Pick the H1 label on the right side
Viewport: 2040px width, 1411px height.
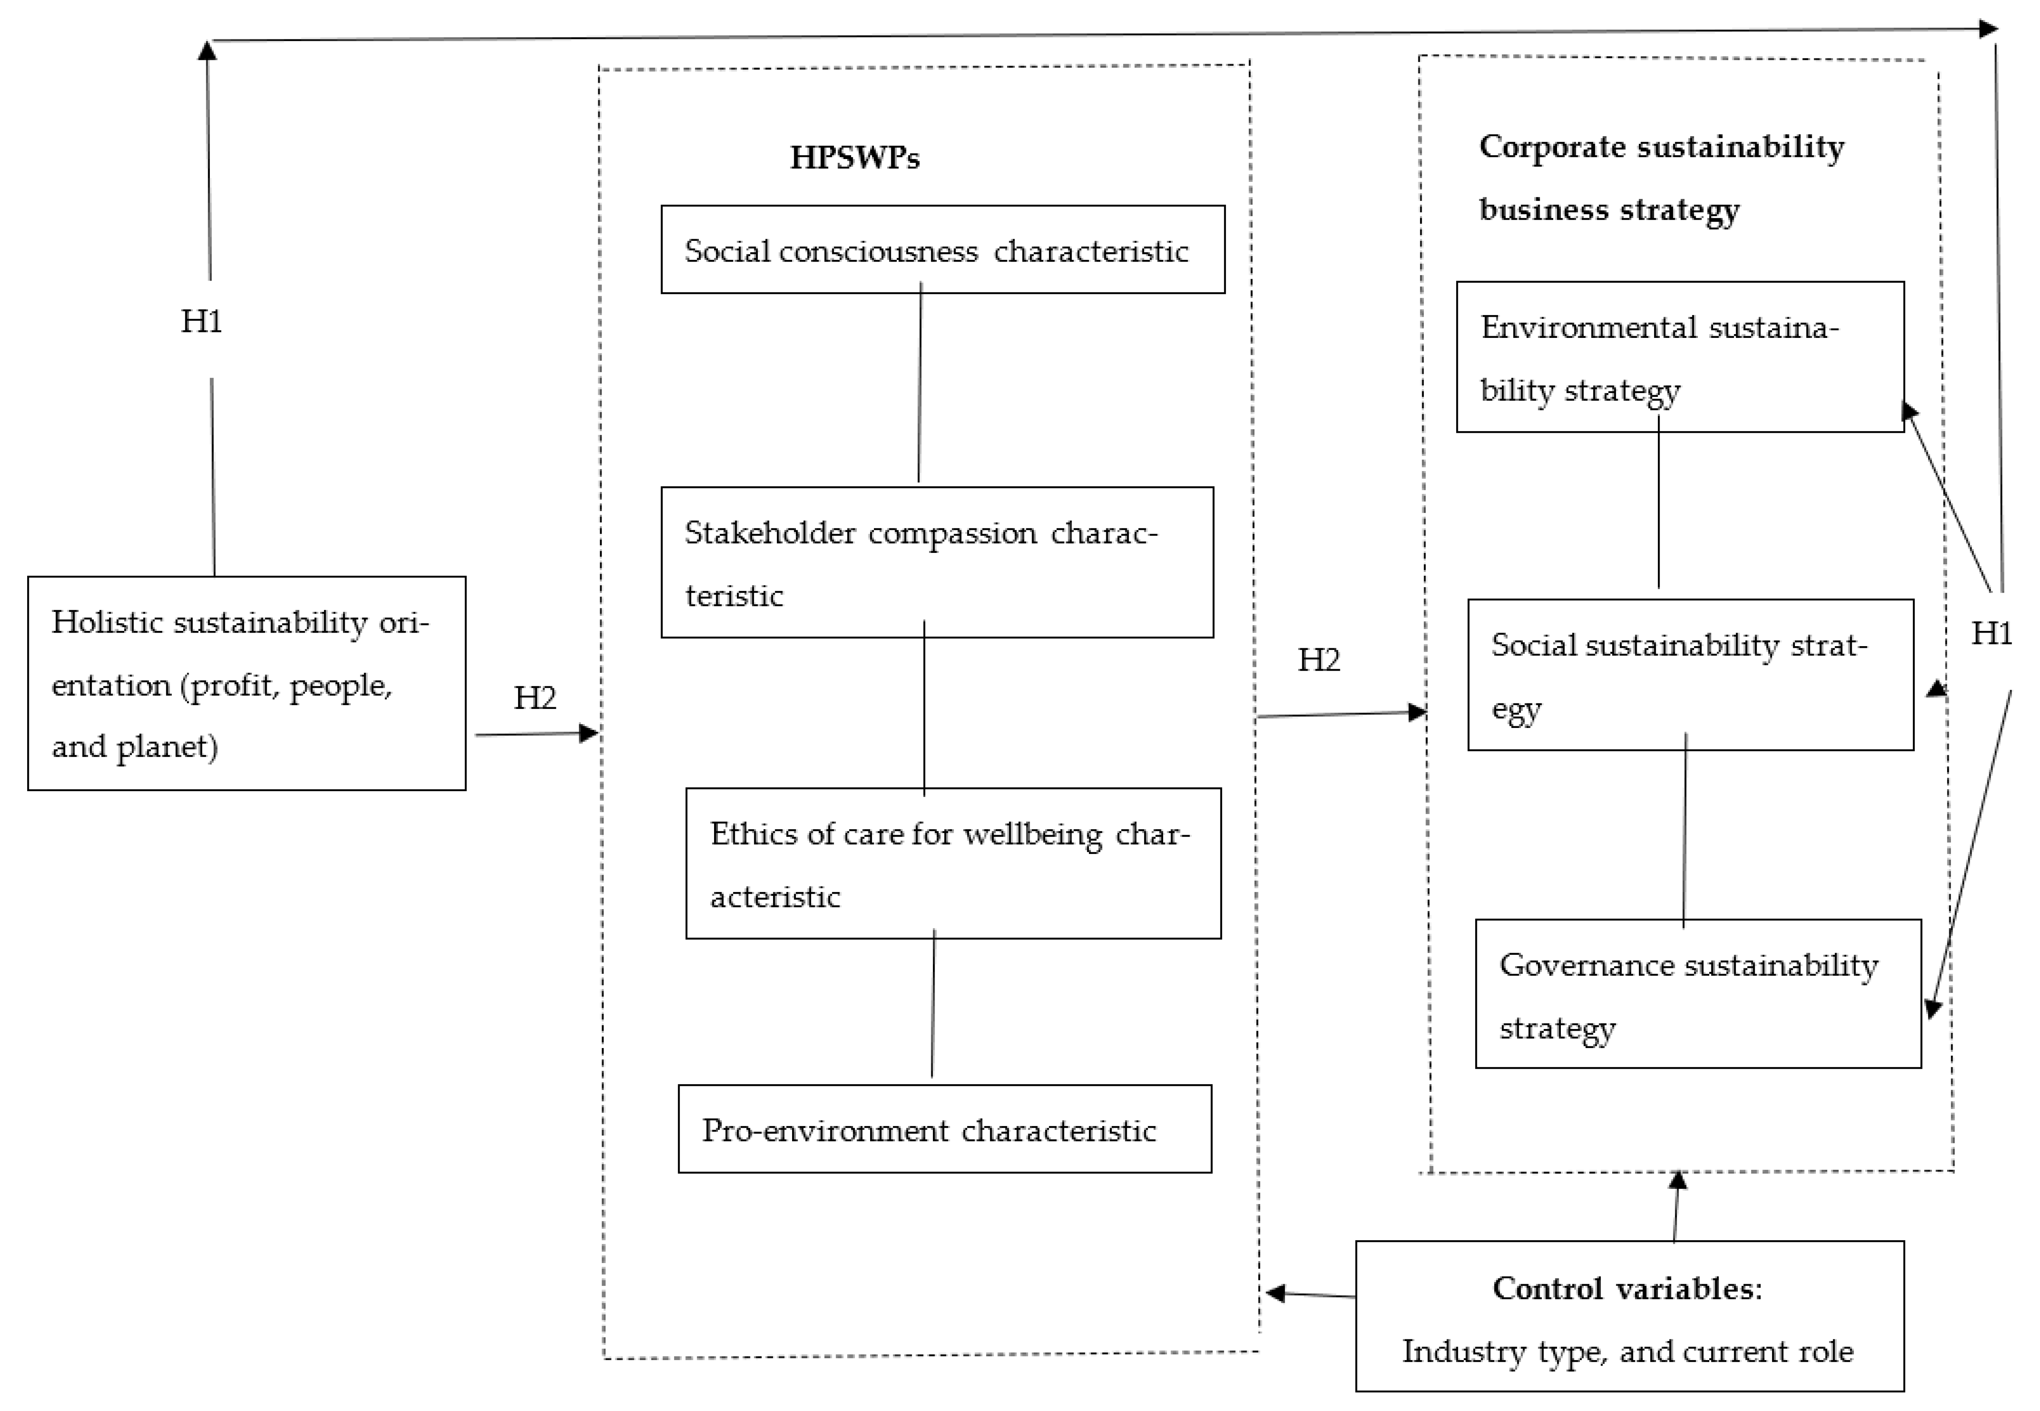click(1991, 633)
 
